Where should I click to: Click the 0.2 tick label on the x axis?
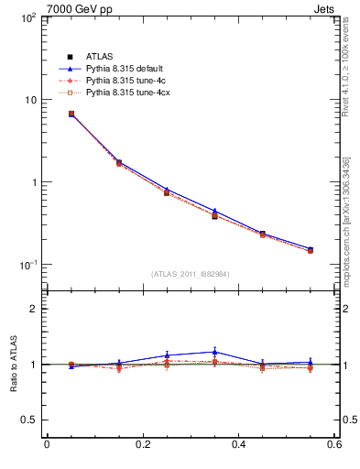(x=142, y=445)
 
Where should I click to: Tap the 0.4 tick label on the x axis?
(x=238, y=445)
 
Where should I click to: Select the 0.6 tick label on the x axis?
(x=333, y=445)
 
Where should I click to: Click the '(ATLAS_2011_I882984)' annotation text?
(x=190, y=274)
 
